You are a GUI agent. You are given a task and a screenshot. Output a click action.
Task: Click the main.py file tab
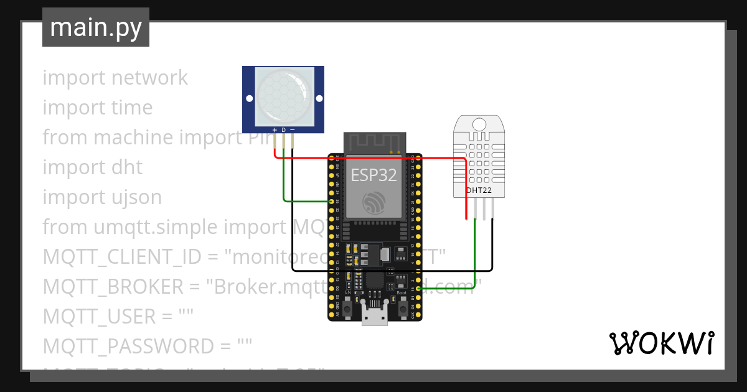95,27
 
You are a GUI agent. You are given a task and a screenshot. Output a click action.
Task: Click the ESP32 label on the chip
374,175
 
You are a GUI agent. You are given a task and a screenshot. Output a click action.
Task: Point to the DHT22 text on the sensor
479,190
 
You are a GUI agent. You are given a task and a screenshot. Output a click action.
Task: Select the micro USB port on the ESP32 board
375,315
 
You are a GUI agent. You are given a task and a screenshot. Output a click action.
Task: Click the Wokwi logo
660,343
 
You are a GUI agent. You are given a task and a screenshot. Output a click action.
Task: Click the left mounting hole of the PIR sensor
249,98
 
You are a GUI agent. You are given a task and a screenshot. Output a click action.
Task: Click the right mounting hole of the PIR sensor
319,98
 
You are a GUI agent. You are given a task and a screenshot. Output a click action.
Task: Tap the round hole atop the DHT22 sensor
479,123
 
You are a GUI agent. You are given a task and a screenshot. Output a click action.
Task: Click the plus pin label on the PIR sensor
275,129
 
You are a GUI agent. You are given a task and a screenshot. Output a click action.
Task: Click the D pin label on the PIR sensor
283,129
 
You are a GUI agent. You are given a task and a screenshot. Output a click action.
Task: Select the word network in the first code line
149,78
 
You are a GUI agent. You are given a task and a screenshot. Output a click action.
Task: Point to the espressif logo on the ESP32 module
374,202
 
